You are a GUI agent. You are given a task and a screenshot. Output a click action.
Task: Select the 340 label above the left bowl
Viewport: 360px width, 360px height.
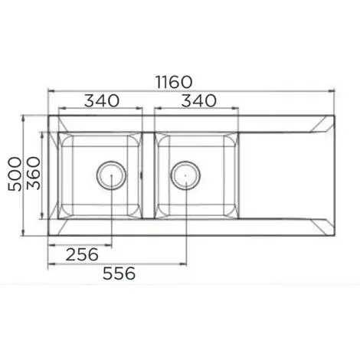pyautogui.click(x=100, y=100)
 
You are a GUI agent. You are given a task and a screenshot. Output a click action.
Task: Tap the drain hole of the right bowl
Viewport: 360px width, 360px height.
pyautogui.click(x=184, y=175)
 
